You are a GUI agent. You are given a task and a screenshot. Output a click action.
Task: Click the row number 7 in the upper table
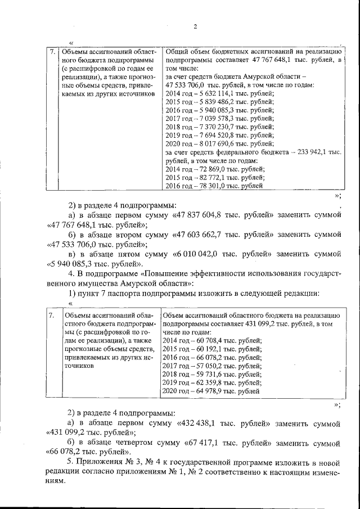coord(51,52)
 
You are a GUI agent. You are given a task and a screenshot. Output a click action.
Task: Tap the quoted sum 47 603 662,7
coord(207,236)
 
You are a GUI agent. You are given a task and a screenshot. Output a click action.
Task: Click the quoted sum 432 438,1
coord(205,423)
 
